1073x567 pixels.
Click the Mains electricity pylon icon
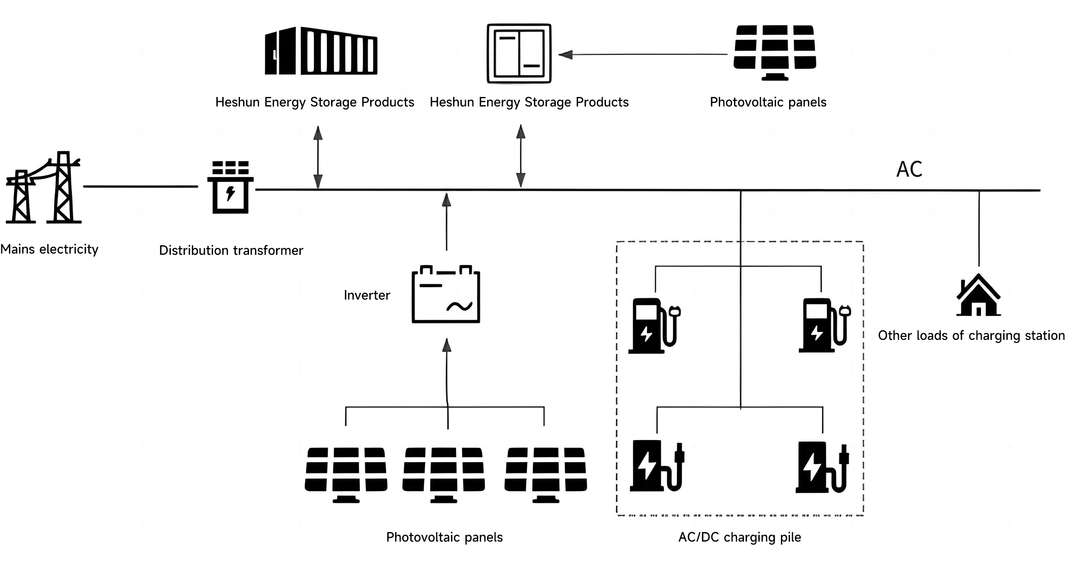coord(43,188)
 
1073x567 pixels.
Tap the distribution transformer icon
coord(230,187)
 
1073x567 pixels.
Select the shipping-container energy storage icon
coord(321,51)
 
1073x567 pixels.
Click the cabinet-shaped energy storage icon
coord(519,53)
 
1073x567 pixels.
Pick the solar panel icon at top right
coord(775,51)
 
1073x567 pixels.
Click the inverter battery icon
coord(446,294)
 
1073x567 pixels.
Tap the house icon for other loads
coord(978,295)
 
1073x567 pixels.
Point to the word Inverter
coord(366,295)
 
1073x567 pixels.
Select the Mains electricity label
coord(49,249)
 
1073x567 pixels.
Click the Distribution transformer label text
coord(231,250)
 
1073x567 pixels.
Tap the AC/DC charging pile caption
coord(739,537)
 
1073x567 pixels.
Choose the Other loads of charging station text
coord(971,335)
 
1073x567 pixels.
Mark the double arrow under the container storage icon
coord(318,157)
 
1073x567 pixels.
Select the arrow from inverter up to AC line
coord(447,221)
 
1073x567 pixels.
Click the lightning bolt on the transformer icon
coord(230,193)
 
